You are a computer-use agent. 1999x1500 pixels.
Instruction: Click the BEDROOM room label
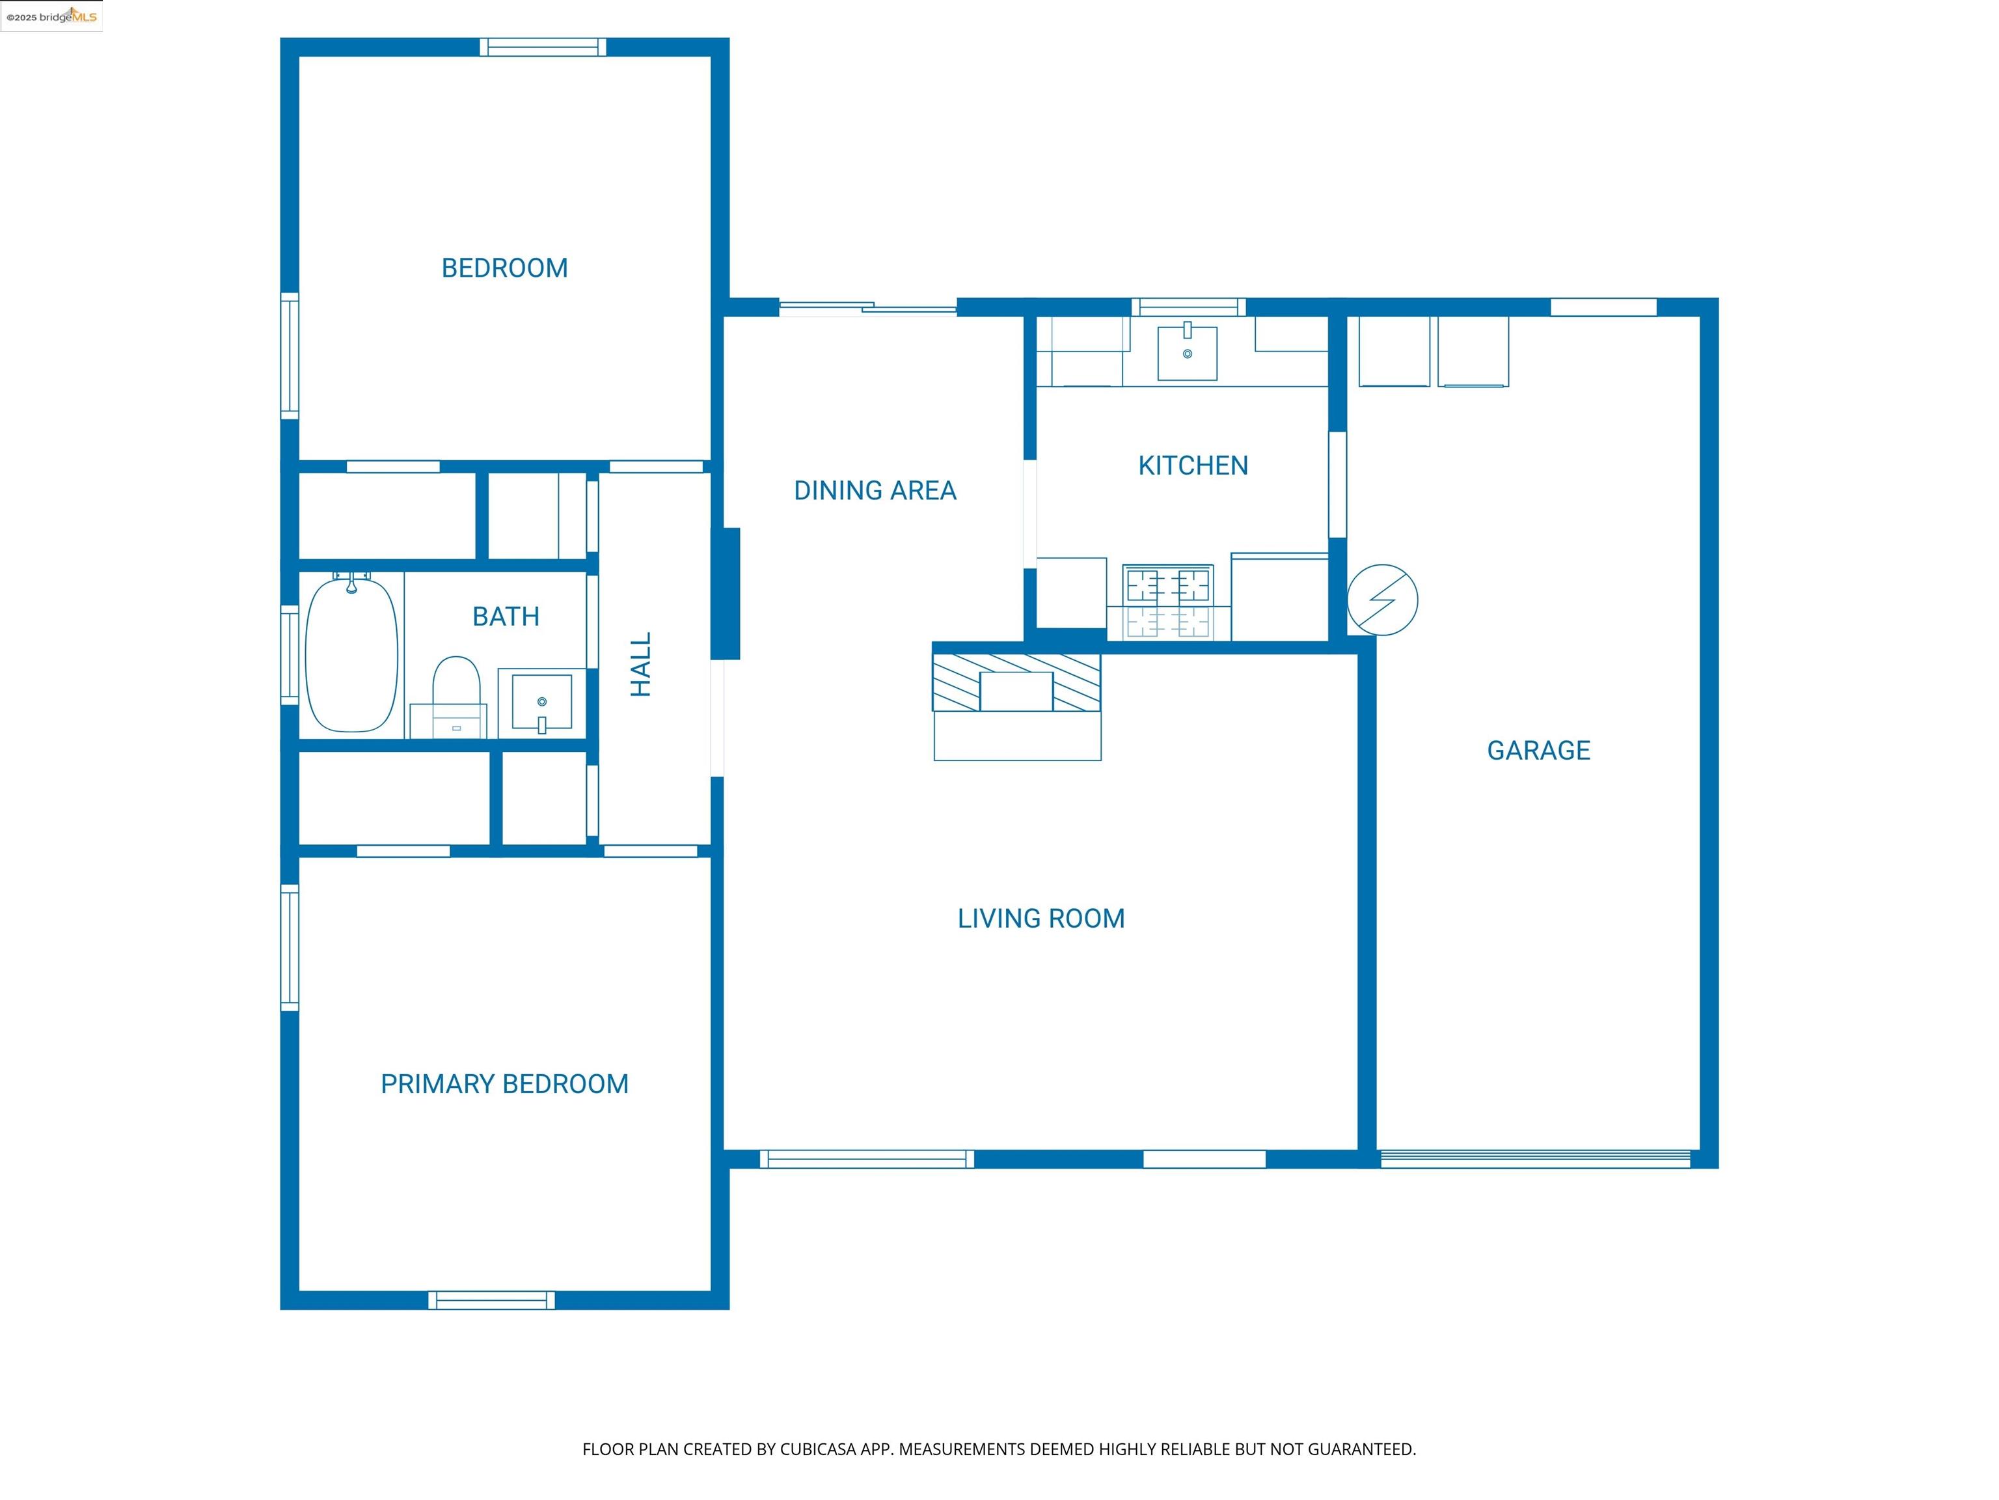[504, 268]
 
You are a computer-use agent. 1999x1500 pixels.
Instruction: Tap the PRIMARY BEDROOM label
[504, 1083]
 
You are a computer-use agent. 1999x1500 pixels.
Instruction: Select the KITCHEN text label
[1193, 465]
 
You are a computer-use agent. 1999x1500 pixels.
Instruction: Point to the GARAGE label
[1538, 751]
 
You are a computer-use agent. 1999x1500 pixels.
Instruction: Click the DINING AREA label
[875, 490]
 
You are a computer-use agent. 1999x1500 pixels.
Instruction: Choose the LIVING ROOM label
[1041, 919]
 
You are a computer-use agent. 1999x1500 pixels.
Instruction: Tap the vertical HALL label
[641, 665]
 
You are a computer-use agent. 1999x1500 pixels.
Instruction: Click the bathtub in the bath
[351, 656]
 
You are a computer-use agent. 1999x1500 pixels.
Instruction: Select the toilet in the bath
[456, 691]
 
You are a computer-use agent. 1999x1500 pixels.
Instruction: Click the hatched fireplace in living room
[1016, 683]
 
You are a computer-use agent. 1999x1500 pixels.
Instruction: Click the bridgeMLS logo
[51, 16]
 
